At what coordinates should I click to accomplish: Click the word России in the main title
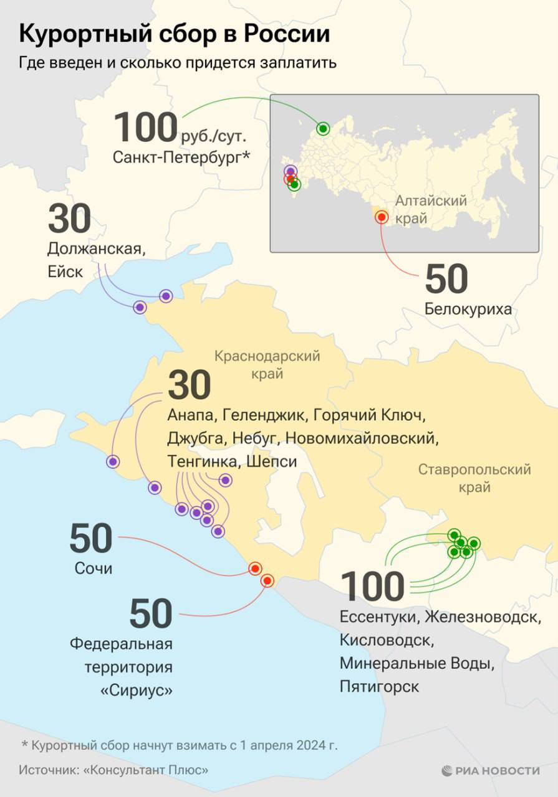tap(289, 34)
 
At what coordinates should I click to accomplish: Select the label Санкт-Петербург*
tap(181, 158)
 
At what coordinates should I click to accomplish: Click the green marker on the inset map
tap(323, 129)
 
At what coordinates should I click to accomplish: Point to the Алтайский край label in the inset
tap(431, 210)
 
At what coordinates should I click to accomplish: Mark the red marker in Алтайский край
tap(382, 217)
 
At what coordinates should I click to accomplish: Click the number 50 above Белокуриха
tap(446, 280)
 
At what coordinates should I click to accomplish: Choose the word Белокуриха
tap(468, 309)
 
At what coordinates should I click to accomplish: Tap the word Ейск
tap(65, 272)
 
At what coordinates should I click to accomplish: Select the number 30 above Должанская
tap(69, 219)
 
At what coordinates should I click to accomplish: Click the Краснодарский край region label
tap(267, 365)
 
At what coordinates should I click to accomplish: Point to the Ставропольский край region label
tap(474, 478)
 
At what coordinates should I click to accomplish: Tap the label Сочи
tap(94, 568)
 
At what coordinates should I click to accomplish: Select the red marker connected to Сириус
tap(267, 581)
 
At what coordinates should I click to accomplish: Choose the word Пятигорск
tap(380, 686)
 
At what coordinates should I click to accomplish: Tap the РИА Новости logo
tap(490, 770)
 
